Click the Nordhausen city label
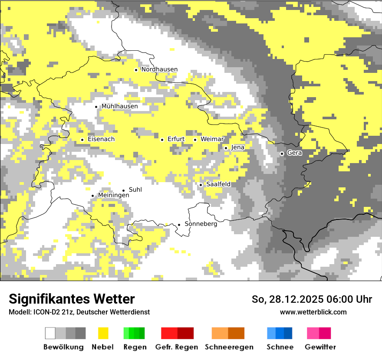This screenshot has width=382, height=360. (x=159, y=69)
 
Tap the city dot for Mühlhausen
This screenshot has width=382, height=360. (x=96, y=107)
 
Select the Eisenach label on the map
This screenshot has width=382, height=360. (x=101, y=139)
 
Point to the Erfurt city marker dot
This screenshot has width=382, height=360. (x=162, y=140)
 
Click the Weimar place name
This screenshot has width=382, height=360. (x=212, y=139)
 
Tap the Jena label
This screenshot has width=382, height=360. (x=237, y=147)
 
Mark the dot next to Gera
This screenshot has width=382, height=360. (x=282, y=154)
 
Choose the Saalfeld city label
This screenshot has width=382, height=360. (x=218, y=184)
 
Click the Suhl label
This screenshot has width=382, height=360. (x=135, y=190)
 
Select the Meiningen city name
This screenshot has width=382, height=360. (x=113, y=196)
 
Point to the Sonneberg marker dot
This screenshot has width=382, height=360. (x=179, y=225)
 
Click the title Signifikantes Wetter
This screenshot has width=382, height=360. (x=72, y=299)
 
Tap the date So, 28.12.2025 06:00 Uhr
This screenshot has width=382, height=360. (x=312, y=299)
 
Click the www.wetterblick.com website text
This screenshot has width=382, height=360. (x=313, y=312)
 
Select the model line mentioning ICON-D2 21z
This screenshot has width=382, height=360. (x=79, y=312)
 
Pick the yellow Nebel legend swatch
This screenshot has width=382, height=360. (x=103, y=333)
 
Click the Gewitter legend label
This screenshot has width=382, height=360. (x=320, y=347)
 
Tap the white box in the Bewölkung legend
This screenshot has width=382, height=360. (x=50, y=333)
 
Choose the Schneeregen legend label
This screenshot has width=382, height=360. (x=229, y=347)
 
